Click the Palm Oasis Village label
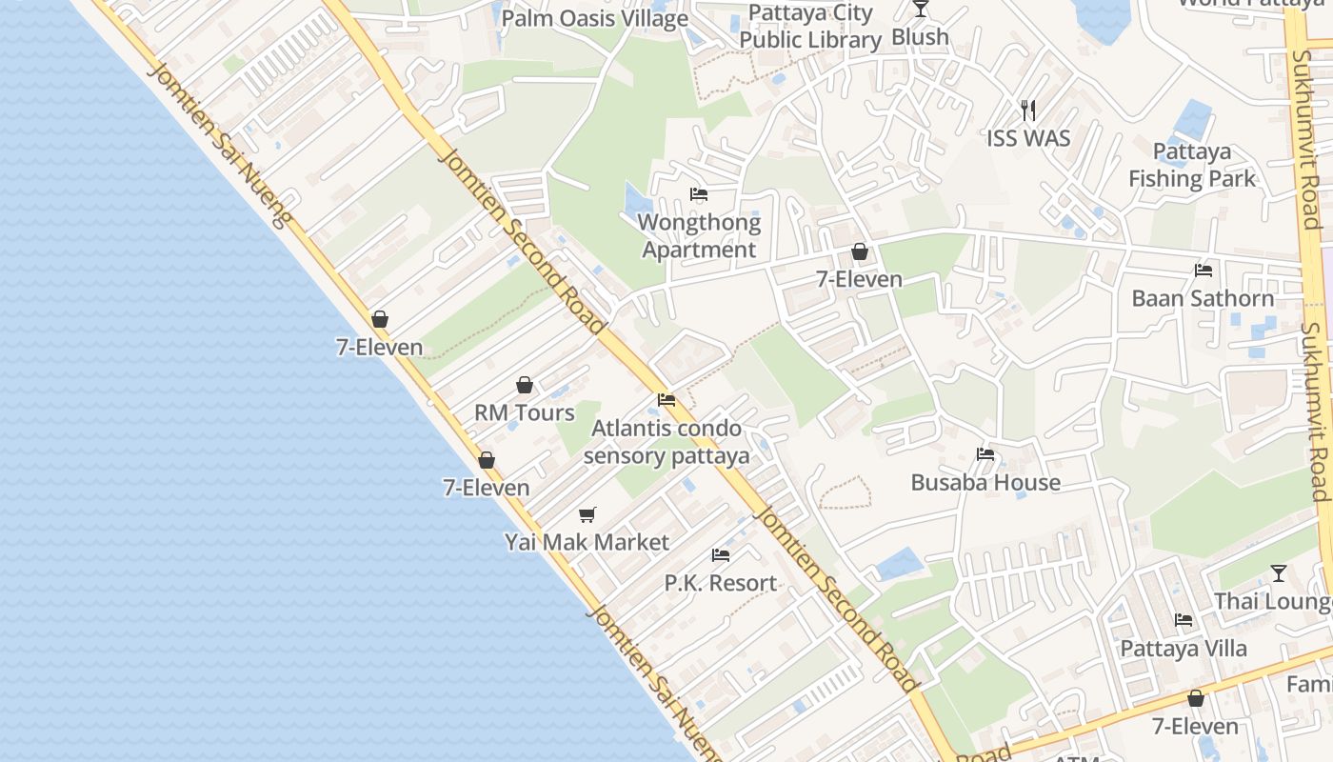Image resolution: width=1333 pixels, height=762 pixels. (594, 18)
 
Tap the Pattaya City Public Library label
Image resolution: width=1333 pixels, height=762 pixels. (810, 27)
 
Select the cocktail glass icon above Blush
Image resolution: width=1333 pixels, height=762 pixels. (920, 9)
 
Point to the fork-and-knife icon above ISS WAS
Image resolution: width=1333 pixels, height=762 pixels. (1027, 110)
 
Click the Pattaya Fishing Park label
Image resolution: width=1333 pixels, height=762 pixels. (1192, 165)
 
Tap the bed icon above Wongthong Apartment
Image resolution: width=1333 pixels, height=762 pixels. (699, 194)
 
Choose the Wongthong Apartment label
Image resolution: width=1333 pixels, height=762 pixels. (700, 236)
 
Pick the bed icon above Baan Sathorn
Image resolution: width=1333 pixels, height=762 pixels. (1204, 271)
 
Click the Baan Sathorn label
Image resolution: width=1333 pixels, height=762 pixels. (1203, 298)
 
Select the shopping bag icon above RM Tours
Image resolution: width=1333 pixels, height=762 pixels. (525, 385)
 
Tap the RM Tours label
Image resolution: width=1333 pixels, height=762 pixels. (525, 412)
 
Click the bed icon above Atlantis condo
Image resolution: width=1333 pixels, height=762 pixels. (666, 400)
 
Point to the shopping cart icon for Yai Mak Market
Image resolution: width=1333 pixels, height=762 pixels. (587, 514)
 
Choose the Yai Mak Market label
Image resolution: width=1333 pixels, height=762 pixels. (587, 542)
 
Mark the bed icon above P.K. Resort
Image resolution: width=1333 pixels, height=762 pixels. (721, 555)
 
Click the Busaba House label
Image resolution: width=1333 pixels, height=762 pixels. (985, 482)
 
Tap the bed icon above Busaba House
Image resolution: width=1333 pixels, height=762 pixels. (985, 454)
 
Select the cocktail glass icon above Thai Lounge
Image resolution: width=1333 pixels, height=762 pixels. (1279, 573)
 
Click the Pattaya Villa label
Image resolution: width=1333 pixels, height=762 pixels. (1184, 648)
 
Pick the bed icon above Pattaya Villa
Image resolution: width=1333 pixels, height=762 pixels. (1184, 620)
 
